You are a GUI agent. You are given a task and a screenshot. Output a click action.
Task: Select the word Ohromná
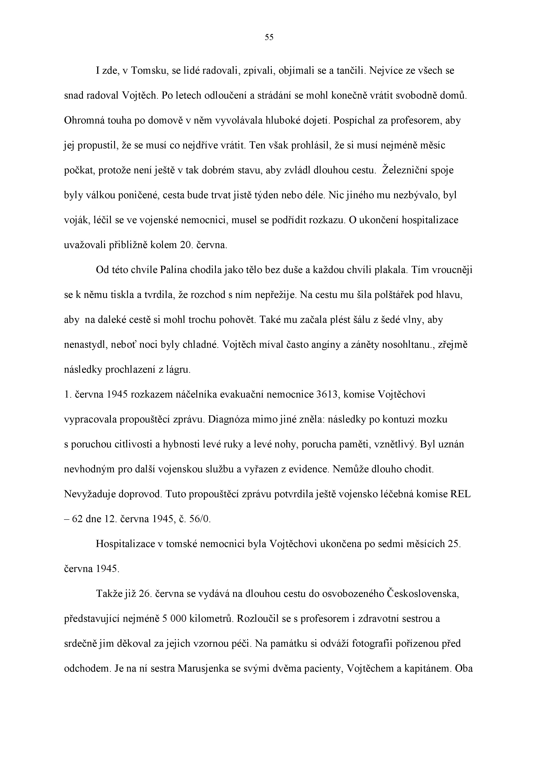(84, 120)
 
